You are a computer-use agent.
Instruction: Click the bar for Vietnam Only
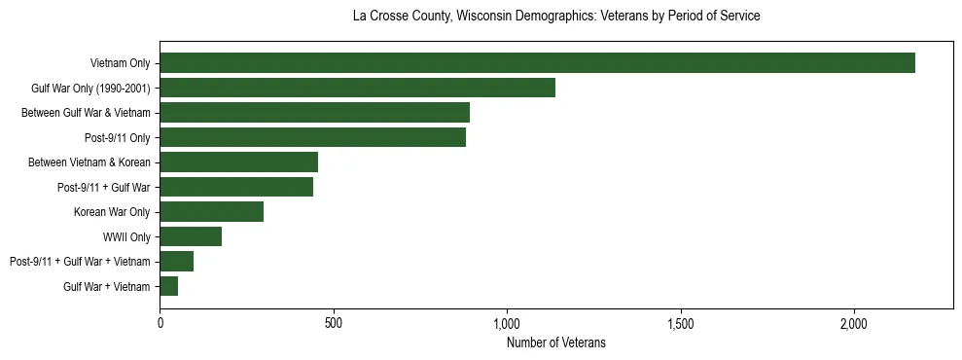[x=537, y=63]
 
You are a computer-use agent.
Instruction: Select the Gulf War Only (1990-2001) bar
[x=357, y=88]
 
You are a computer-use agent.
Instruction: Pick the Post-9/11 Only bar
[x=312, y=137]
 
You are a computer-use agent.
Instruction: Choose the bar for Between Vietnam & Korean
[x=238, y=162]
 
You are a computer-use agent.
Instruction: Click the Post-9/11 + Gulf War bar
[x=236, y=187]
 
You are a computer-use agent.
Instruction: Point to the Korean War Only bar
[x=211, y=212]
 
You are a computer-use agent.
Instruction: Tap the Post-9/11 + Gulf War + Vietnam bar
[x=176, y=262]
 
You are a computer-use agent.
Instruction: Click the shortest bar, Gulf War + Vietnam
[x=168, y=286]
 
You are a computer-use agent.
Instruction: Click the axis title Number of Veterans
[x=555, y=342]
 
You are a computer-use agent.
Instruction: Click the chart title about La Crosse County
[x=555, y=17]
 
